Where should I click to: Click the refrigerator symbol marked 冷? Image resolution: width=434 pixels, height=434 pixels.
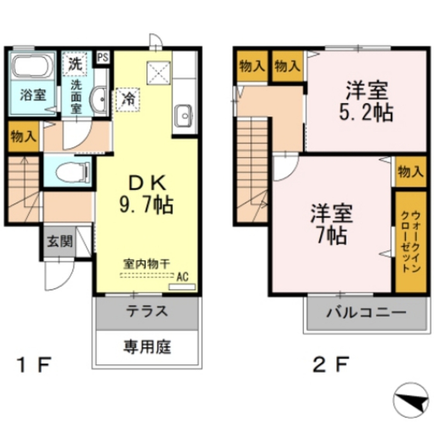(x=128, y=100)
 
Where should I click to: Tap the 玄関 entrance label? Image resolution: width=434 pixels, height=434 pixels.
(x=59, y=242)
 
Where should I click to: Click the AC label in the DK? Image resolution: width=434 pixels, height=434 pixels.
(x=182, y=276)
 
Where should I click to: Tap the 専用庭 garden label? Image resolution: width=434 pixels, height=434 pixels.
(x=147, y=348)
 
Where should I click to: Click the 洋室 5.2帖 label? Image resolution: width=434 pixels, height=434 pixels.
(x=367, y=102)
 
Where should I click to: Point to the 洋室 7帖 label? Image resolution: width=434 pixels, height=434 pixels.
(x=331, y=224)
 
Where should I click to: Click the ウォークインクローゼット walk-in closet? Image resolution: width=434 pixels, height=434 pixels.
(x=410, y=242)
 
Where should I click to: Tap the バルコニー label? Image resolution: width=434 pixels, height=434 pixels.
(x=366, y=314)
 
